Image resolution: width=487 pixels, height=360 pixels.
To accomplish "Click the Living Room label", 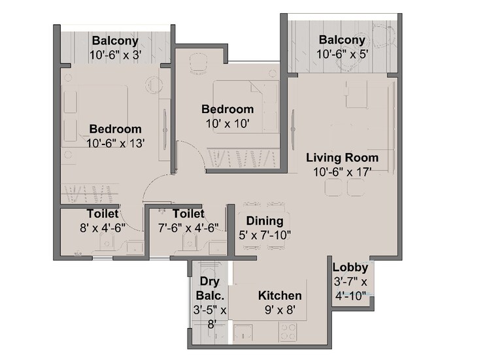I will click(x=343, y=158).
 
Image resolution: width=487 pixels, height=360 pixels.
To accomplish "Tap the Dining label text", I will click(x=265, y=221).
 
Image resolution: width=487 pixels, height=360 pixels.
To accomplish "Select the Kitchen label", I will click(x=280, y=295).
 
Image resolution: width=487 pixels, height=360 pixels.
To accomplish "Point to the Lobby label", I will click(x=350, y=267).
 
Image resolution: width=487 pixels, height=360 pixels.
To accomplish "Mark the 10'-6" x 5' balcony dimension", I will click(x=343, y=55).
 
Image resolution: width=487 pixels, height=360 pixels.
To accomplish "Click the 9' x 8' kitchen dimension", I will click(x=279, y=310).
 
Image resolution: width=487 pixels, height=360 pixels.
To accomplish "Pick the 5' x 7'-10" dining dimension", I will click(x=264, y=235).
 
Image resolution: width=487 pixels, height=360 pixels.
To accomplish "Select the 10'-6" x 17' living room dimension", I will click(x=343, y=172).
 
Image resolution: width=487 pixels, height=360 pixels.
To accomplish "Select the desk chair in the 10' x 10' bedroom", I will click(x=197, y=63).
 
